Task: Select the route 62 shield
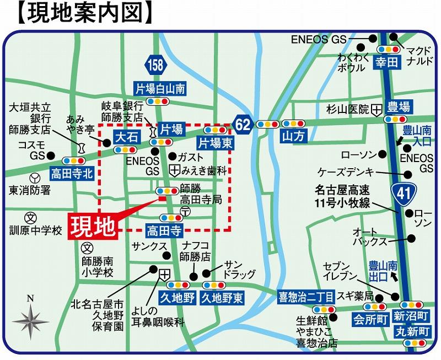coord(243,125)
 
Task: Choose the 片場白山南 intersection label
coord(160,88)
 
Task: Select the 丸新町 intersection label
coord(412,332)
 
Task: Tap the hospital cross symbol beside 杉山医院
coord(377,109)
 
